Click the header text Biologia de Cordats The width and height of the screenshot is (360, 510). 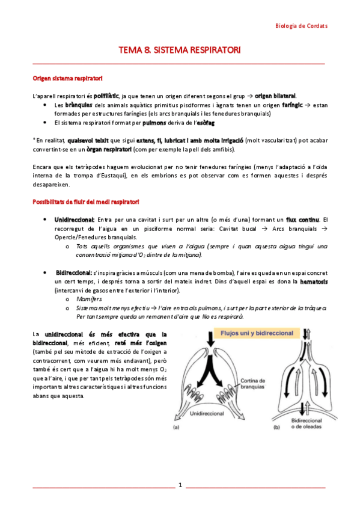click(x=301, y=26)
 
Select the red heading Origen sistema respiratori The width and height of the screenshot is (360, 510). click(x=67, y=78)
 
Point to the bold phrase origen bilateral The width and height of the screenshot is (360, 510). click(x=276, y=96)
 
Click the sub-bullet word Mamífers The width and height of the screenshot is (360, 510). click(x=90, y=298)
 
